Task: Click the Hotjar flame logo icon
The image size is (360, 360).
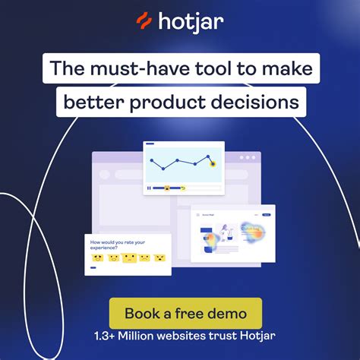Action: (x=143, y=22)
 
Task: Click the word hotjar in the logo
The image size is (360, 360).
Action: (x=191, y=22)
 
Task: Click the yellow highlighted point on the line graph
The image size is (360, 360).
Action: (x=213, y=161)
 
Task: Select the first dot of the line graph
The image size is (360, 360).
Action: (x=152, y=160)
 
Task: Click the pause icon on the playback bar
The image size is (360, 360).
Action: (x=148, y=187)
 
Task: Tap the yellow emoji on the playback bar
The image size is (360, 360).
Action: (x=166, y=187)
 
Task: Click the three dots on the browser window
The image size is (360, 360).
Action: (x=248, y=157)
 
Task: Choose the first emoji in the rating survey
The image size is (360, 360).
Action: (x=96, y=258)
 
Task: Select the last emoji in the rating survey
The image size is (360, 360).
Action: (x=159, y=258)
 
